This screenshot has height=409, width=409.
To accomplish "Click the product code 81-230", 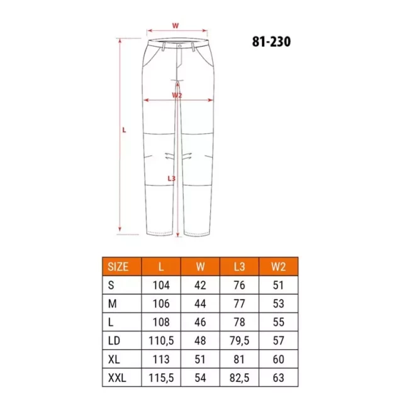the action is click(271, 42).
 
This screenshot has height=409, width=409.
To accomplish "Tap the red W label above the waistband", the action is click(176, 26).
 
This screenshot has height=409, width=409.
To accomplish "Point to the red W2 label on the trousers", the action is click(177, 95).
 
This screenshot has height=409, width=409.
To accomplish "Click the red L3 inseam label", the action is click(171, 179).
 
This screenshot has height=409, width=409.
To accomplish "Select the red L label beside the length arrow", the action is click(124, 130).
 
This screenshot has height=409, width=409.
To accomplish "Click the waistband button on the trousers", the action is click(180, 46).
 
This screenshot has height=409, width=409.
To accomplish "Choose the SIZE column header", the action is click(118, 267).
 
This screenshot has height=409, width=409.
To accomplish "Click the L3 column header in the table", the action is click(240, 267).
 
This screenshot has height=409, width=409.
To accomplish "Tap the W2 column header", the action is click(278, 267).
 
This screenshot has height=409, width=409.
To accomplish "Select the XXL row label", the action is click(117, 378).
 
